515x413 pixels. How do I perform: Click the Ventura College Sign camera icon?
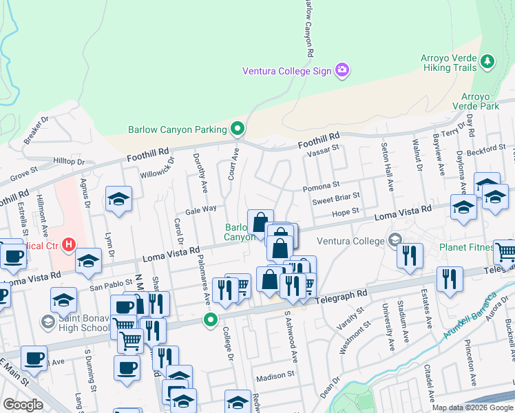tap(341, 70)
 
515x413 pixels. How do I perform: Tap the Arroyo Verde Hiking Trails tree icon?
tap(488, 61)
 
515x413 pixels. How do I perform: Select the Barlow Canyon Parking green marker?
tap(238, 129)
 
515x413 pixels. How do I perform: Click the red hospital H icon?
tap(68, 244)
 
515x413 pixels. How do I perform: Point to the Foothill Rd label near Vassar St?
tap(319, 142)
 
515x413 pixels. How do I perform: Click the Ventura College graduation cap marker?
tap(395, 240)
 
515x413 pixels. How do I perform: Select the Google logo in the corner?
tap(23, 405)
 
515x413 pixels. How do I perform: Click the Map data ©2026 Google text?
tap(472, 407)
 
